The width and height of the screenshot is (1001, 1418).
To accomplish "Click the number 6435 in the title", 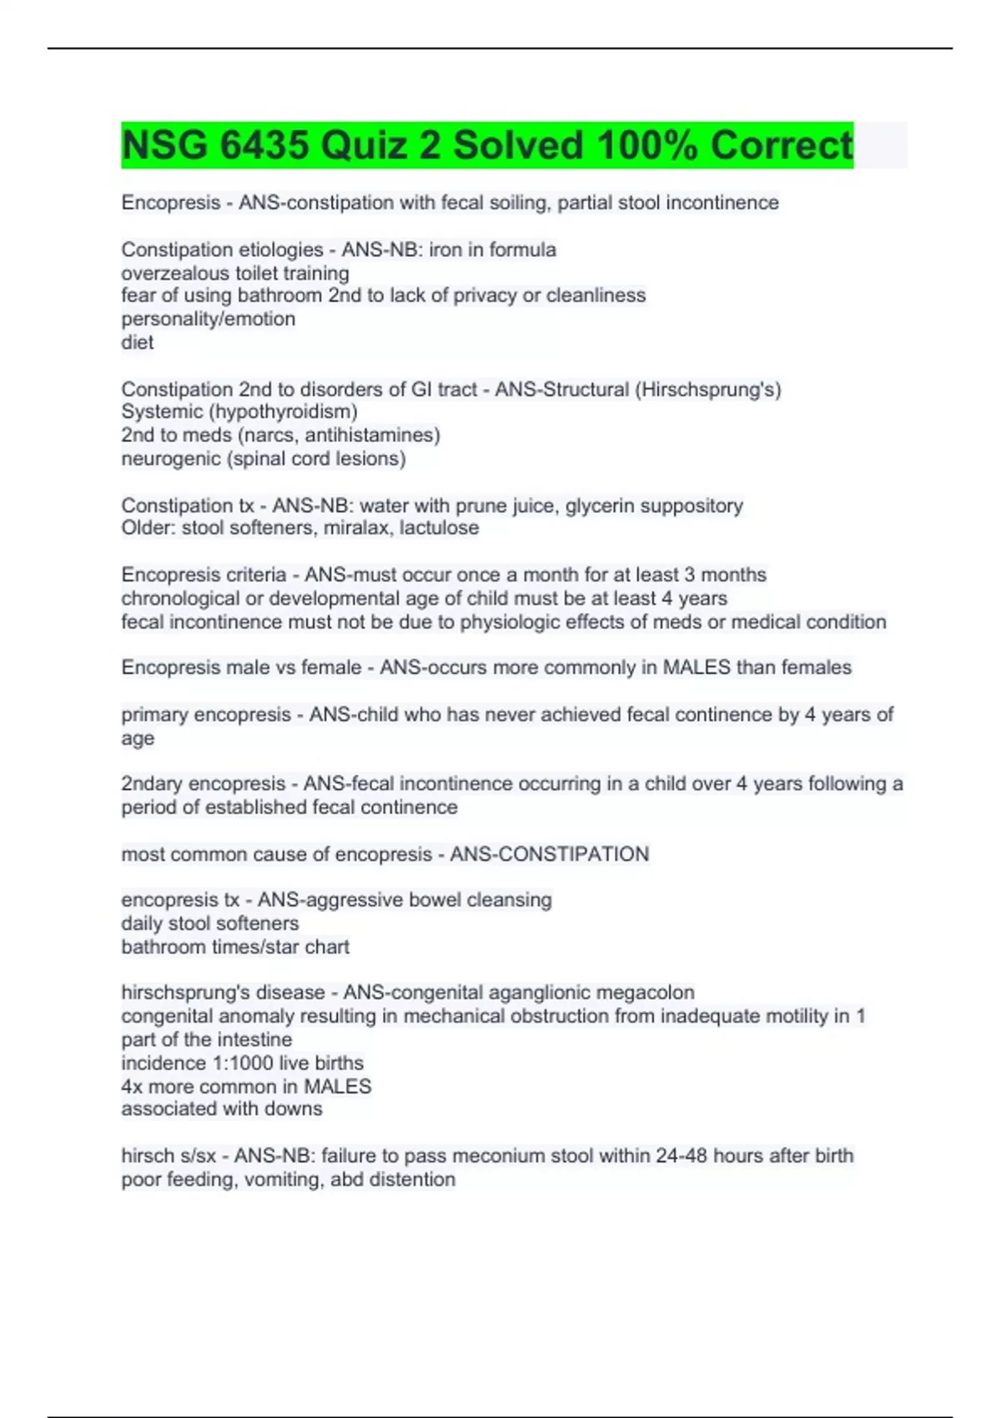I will click(x=264, y=145).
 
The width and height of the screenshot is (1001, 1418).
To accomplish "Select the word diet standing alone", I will click(x=138, y=343).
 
